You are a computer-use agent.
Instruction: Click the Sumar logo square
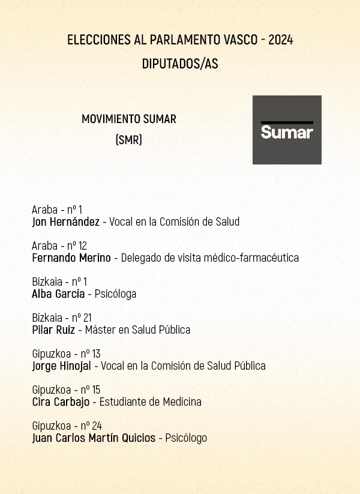287,130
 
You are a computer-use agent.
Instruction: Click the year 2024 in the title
281,40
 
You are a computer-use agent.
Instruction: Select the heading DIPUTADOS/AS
180,64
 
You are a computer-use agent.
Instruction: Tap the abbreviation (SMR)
128,140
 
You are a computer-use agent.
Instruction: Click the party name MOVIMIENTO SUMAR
129,119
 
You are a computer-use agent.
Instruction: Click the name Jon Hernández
65,221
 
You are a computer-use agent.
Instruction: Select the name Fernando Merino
71,258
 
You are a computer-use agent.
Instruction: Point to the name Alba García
58,294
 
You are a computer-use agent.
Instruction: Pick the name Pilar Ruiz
53,330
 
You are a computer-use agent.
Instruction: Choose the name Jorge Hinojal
61,366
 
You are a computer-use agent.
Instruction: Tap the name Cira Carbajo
61,402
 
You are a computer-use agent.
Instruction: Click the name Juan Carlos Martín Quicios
94,438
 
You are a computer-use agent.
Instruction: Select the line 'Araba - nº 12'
59,245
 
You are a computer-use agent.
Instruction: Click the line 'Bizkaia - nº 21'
62,318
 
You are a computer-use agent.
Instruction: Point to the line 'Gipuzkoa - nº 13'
66,354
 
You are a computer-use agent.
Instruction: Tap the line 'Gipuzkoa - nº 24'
67,426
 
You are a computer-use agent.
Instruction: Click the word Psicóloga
115,294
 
